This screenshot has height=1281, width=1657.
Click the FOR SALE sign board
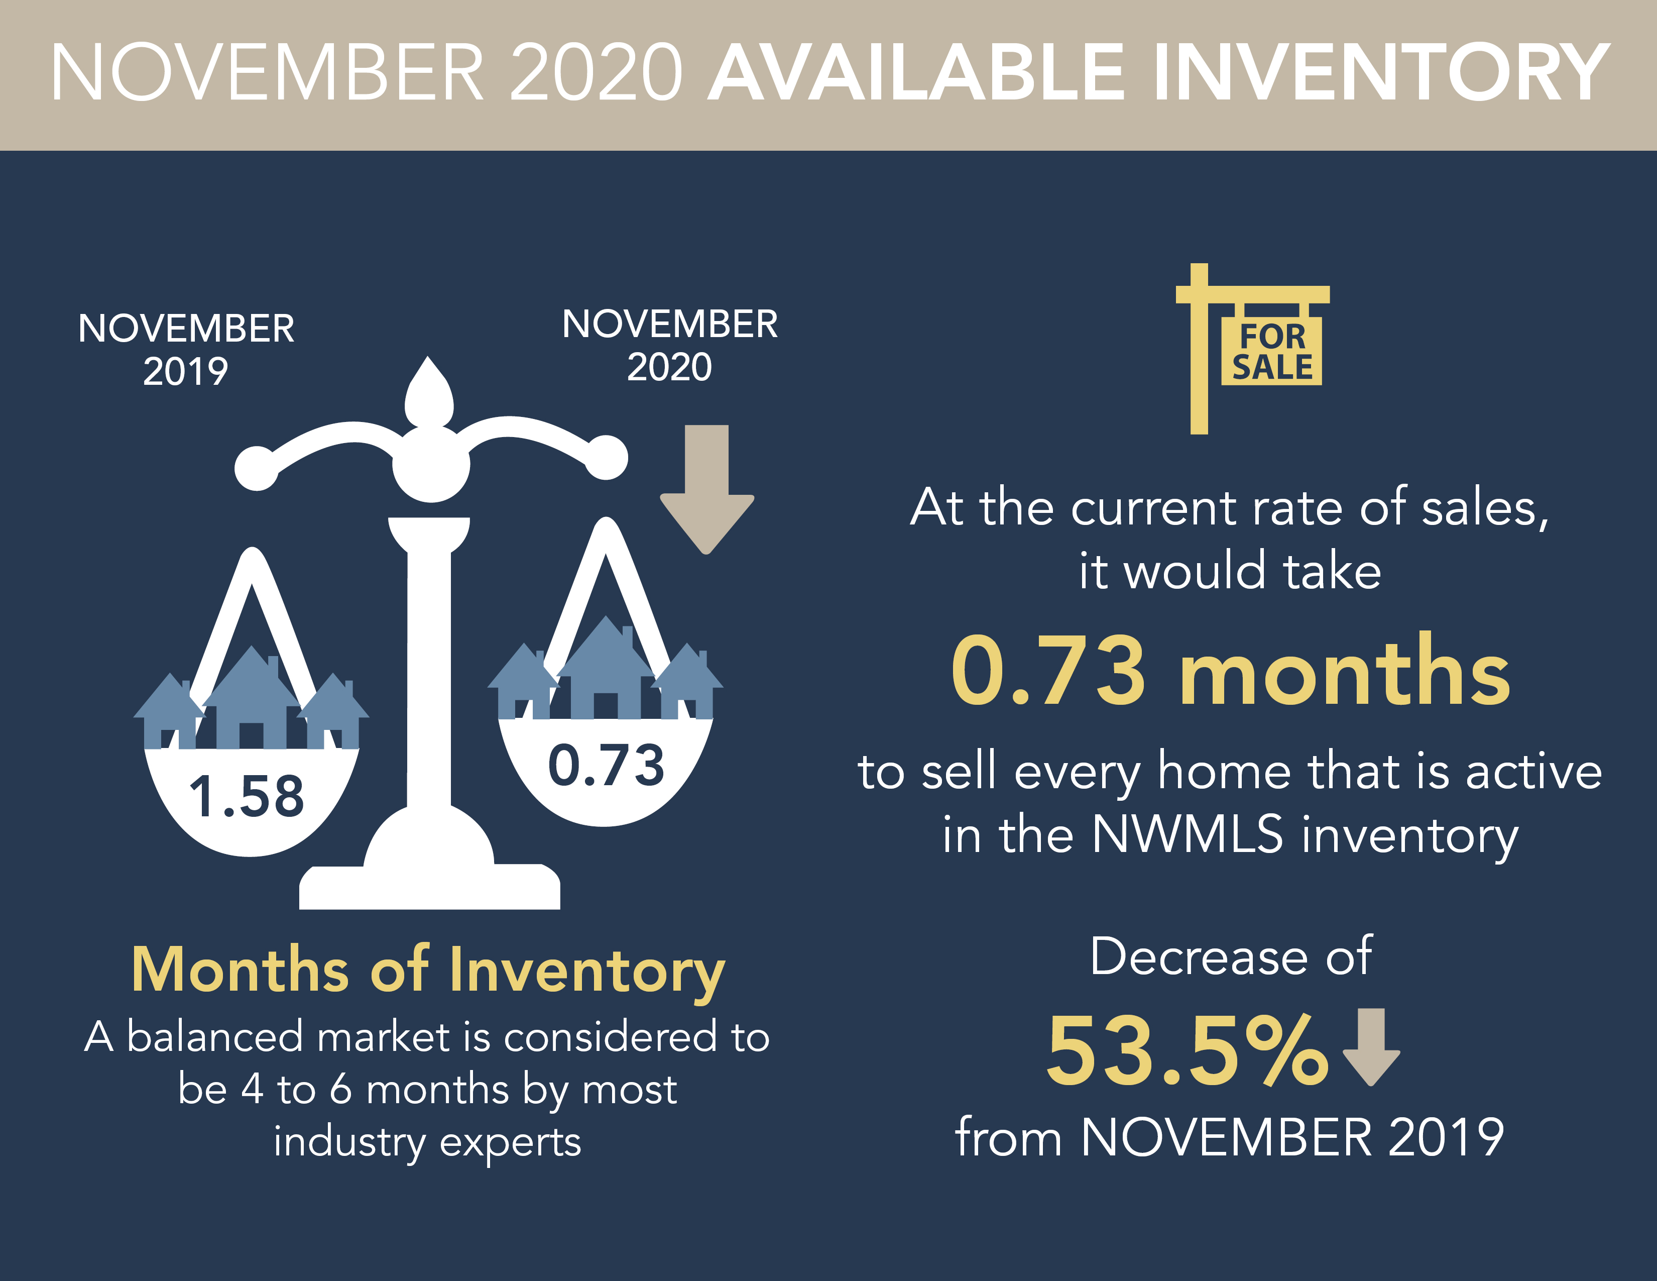coord(1271,351)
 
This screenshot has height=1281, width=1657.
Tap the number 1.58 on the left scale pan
coord(247,796)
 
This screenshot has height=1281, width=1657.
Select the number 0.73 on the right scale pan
coord(606,765)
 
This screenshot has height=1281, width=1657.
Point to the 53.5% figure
coord(1188,1051)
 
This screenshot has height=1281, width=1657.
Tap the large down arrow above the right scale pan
coord(707,489)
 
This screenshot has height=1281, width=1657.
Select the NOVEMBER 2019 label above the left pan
coord(186,350)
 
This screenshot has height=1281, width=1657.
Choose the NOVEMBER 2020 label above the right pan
coord(670,345)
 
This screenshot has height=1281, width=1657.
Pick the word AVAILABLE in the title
coord(916,72)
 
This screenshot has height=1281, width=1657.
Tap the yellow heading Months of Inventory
coord(429,972)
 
